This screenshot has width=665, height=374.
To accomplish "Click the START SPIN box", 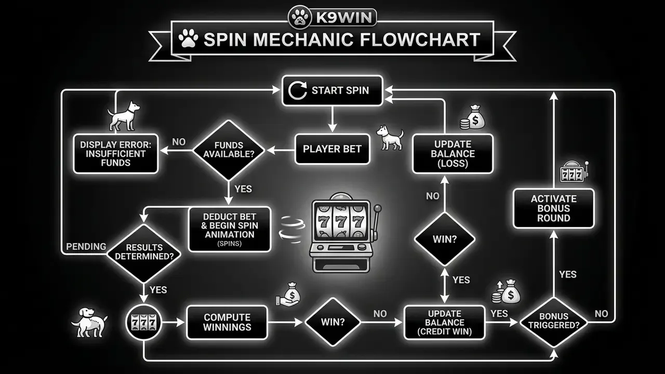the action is click(x=332, y=90).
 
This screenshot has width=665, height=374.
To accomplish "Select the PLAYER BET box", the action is click(x=332, y=149).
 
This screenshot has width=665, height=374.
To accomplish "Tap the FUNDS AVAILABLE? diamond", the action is click(x=229, y=150).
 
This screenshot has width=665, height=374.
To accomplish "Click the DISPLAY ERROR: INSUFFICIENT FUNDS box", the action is click(x=116, y=154).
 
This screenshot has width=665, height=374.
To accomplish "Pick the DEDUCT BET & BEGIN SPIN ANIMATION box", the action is click(x=230, y=229).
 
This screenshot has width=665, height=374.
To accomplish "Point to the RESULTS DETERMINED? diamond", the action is click(x=144, y=253).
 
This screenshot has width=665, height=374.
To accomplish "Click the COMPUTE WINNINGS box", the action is click(x=227, y=323).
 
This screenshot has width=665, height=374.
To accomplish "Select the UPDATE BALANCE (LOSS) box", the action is click(x=453, y=154).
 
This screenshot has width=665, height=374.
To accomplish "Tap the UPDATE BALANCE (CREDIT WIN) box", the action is click(x=444, y=323).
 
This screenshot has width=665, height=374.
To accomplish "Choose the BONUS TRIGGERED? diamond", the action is click(x=554, y=323).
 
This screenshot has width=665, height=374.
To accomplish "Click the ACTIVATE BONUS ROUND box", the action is click(x=554, y=208).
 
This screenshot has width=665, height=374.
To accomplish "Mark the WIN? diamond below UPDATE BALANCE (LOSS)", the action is click(x=444, y=239).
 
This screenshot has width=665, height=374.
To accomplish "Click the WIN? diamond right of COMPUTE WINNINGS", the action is click(x=332, y=323).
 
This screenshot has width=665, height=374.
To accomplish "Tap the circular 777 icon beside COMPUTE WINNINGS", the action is click(x=144, y=323).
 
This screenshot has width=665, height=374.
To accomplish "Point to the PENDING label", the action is click(x=86, y=246).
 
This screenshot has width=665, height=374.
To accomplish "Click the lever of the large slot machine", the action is click(x=377, y=220).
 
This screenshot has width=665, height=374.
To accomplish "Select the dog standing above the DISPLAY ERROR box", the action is click(x=123, y=116).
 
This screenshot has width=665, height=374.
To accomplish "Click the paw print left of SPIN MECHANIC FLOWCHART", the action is click(x=188, y=38).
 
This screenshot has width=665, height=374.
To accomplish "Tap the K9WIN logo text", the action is click(x=344, y=17).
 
